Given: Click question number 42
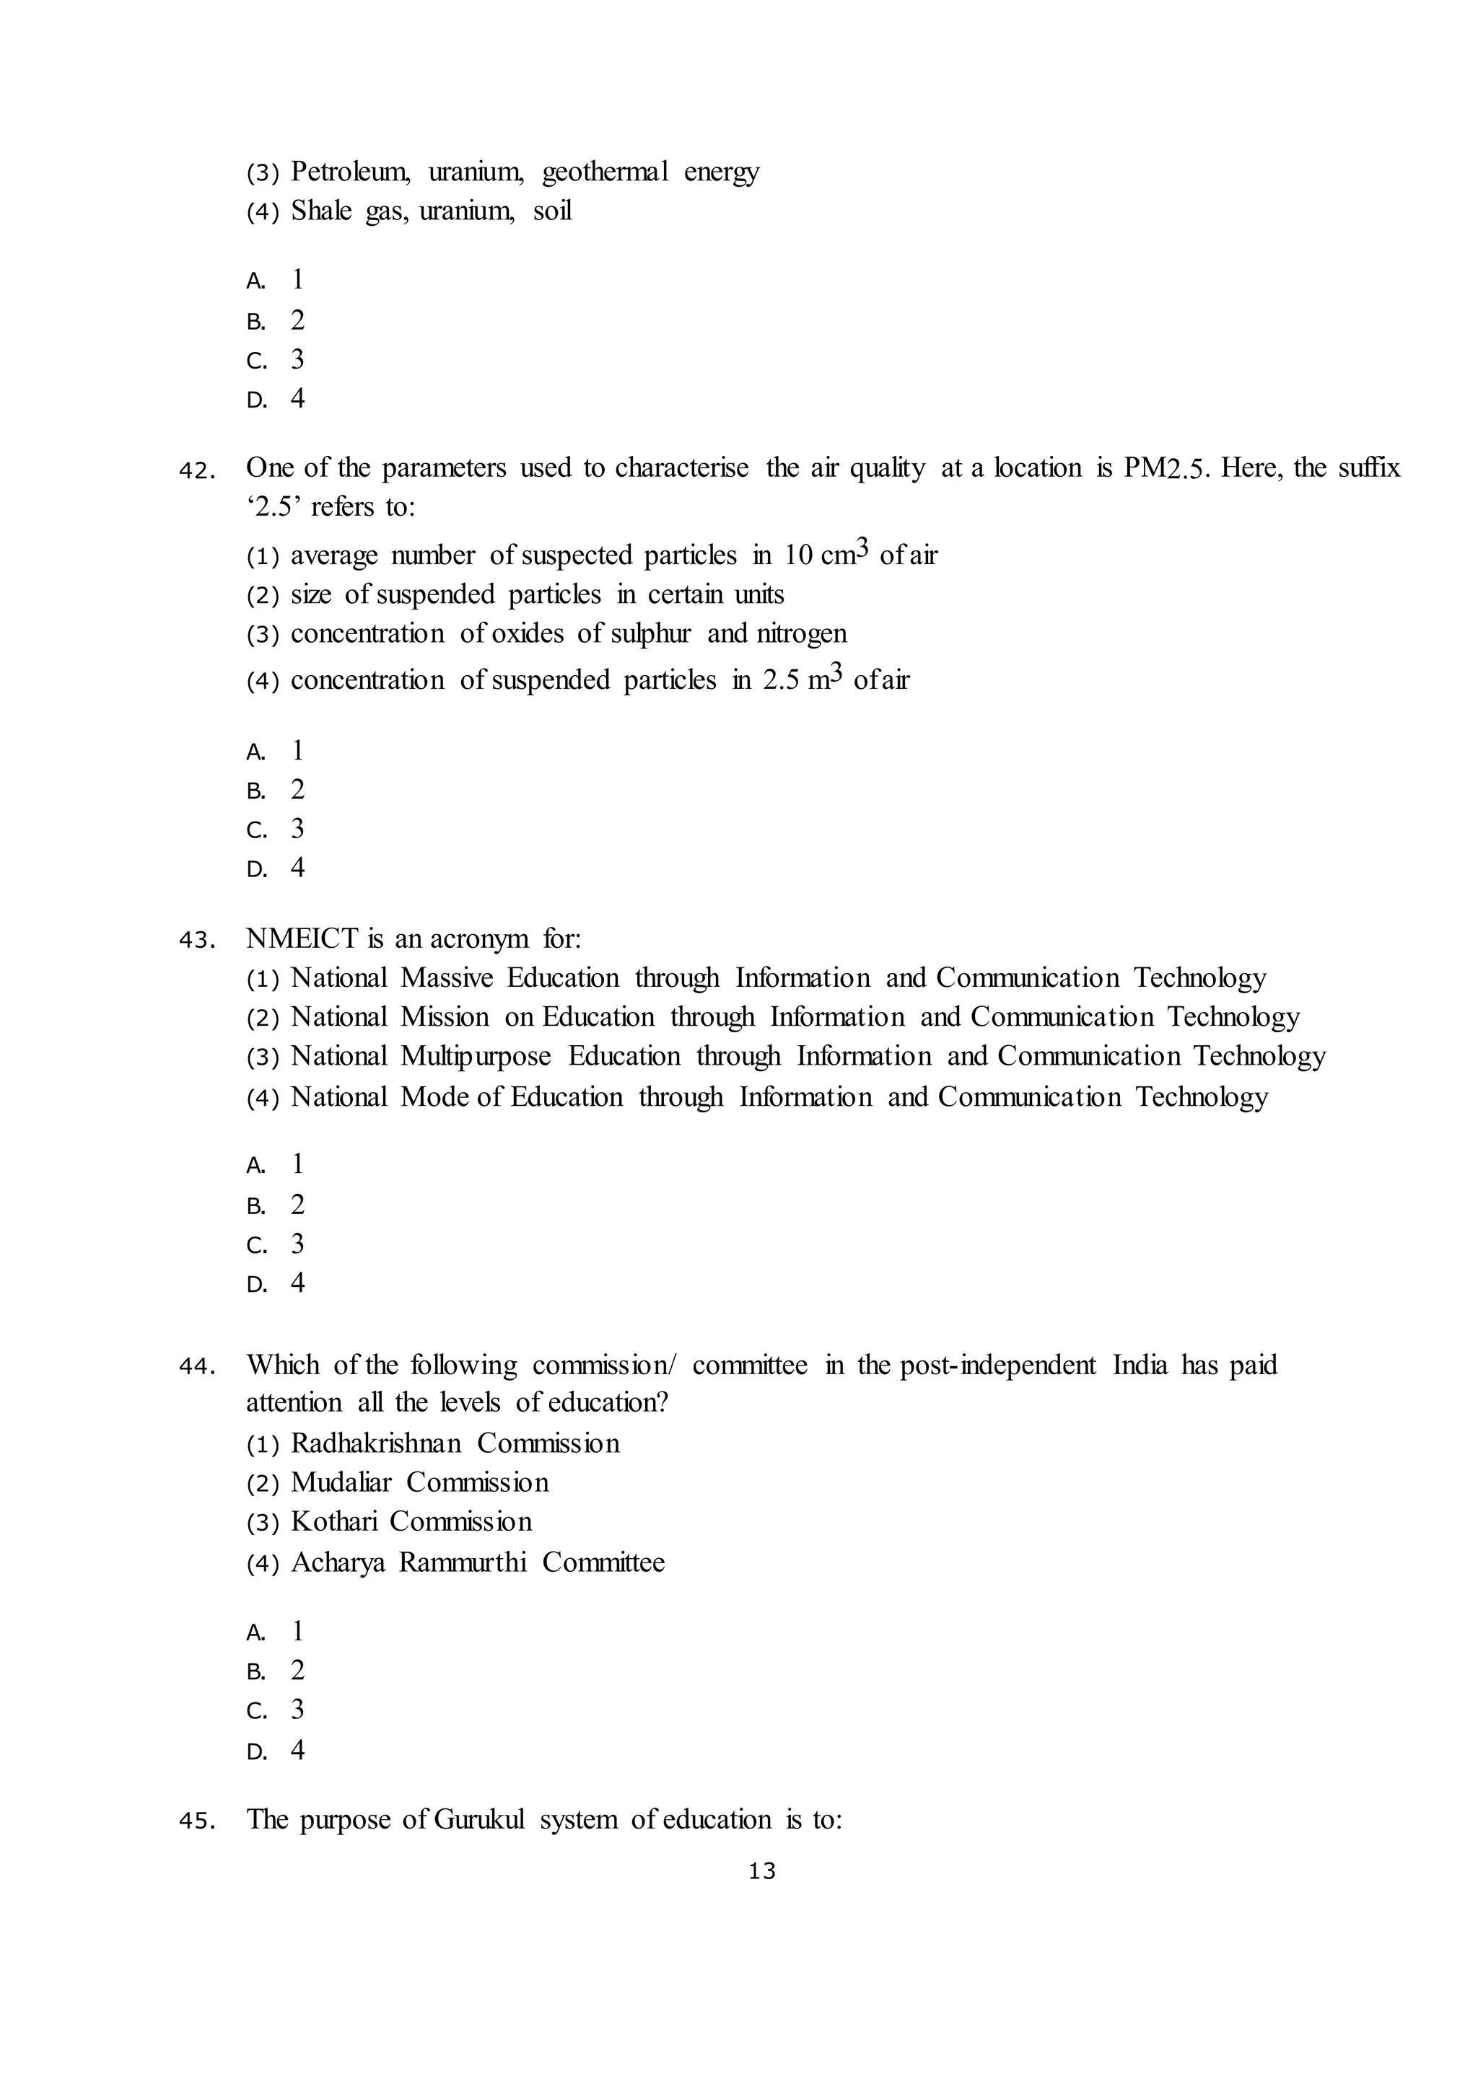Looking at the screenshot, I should [196, 471].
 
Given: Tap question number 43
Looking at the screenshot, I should [196, 941].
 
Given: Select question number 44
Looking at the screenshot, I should [196, 1367].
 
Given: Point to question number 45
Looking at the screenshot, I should [196, 1821].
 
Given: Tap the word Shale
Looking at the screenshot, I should [321, 211].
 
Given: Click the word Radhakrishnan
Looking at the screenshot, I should [376, 1444].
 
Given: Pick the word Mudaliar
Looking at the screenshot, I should [341, 1483].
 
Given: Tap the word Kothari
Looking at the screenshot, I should [333, 1522].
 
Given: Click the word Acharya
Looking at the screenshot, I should [338, 1563].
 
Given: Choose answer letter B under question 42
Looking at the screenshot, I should [255, 791].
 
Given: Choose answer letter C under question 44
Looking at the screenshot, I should [255, 1712].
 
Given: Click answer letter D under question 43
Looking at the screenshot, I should [255, 1285].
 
